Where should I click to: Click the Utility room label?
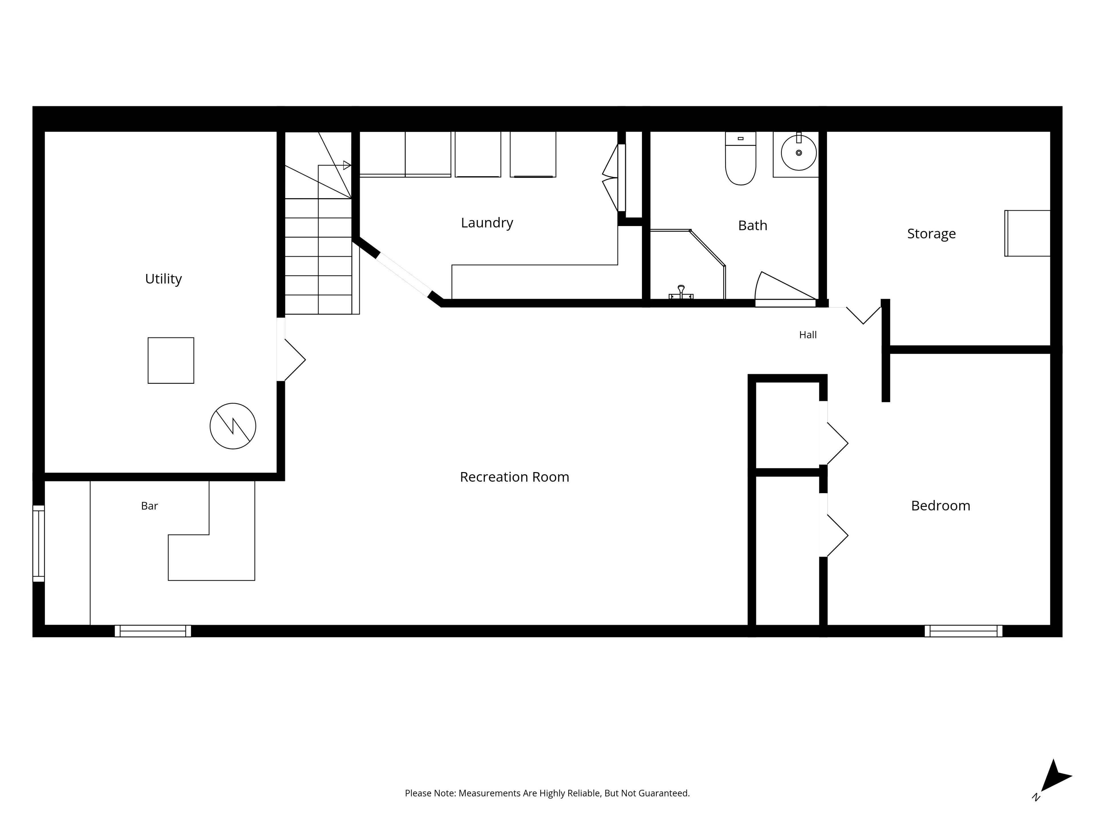click(163, 279)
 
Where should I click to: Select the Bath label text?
click(753, 226)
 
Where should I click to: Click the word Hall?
click(808, 335)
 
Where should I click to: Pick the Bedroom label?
click(940, 506)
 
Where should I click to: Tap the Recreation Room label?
click(514, 477)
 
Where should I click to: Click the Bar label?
click(149, 506)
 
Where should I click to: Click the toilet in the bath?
click(741, 158)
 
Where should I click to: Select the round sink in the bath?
click(798, 153)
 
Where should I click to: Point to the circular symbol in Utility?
click(233, 426)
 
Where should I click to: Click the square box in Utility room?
click(171, 360)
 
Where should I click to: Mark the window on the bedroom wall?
click(963, 631)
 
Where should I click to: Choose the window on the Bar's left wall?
click(38, 543)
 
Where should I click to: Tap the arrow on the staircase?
click(347, 165)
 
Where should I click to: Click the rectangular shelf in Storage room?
click(1027, 233)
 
